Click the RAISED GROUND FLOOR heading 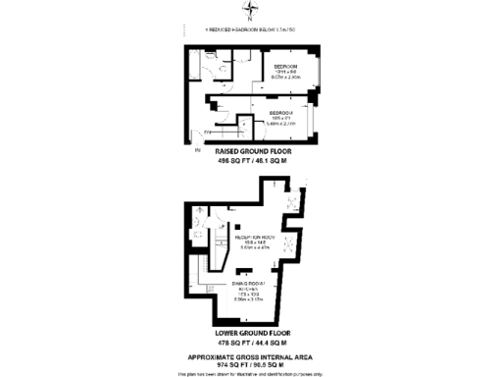[253, 152]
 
